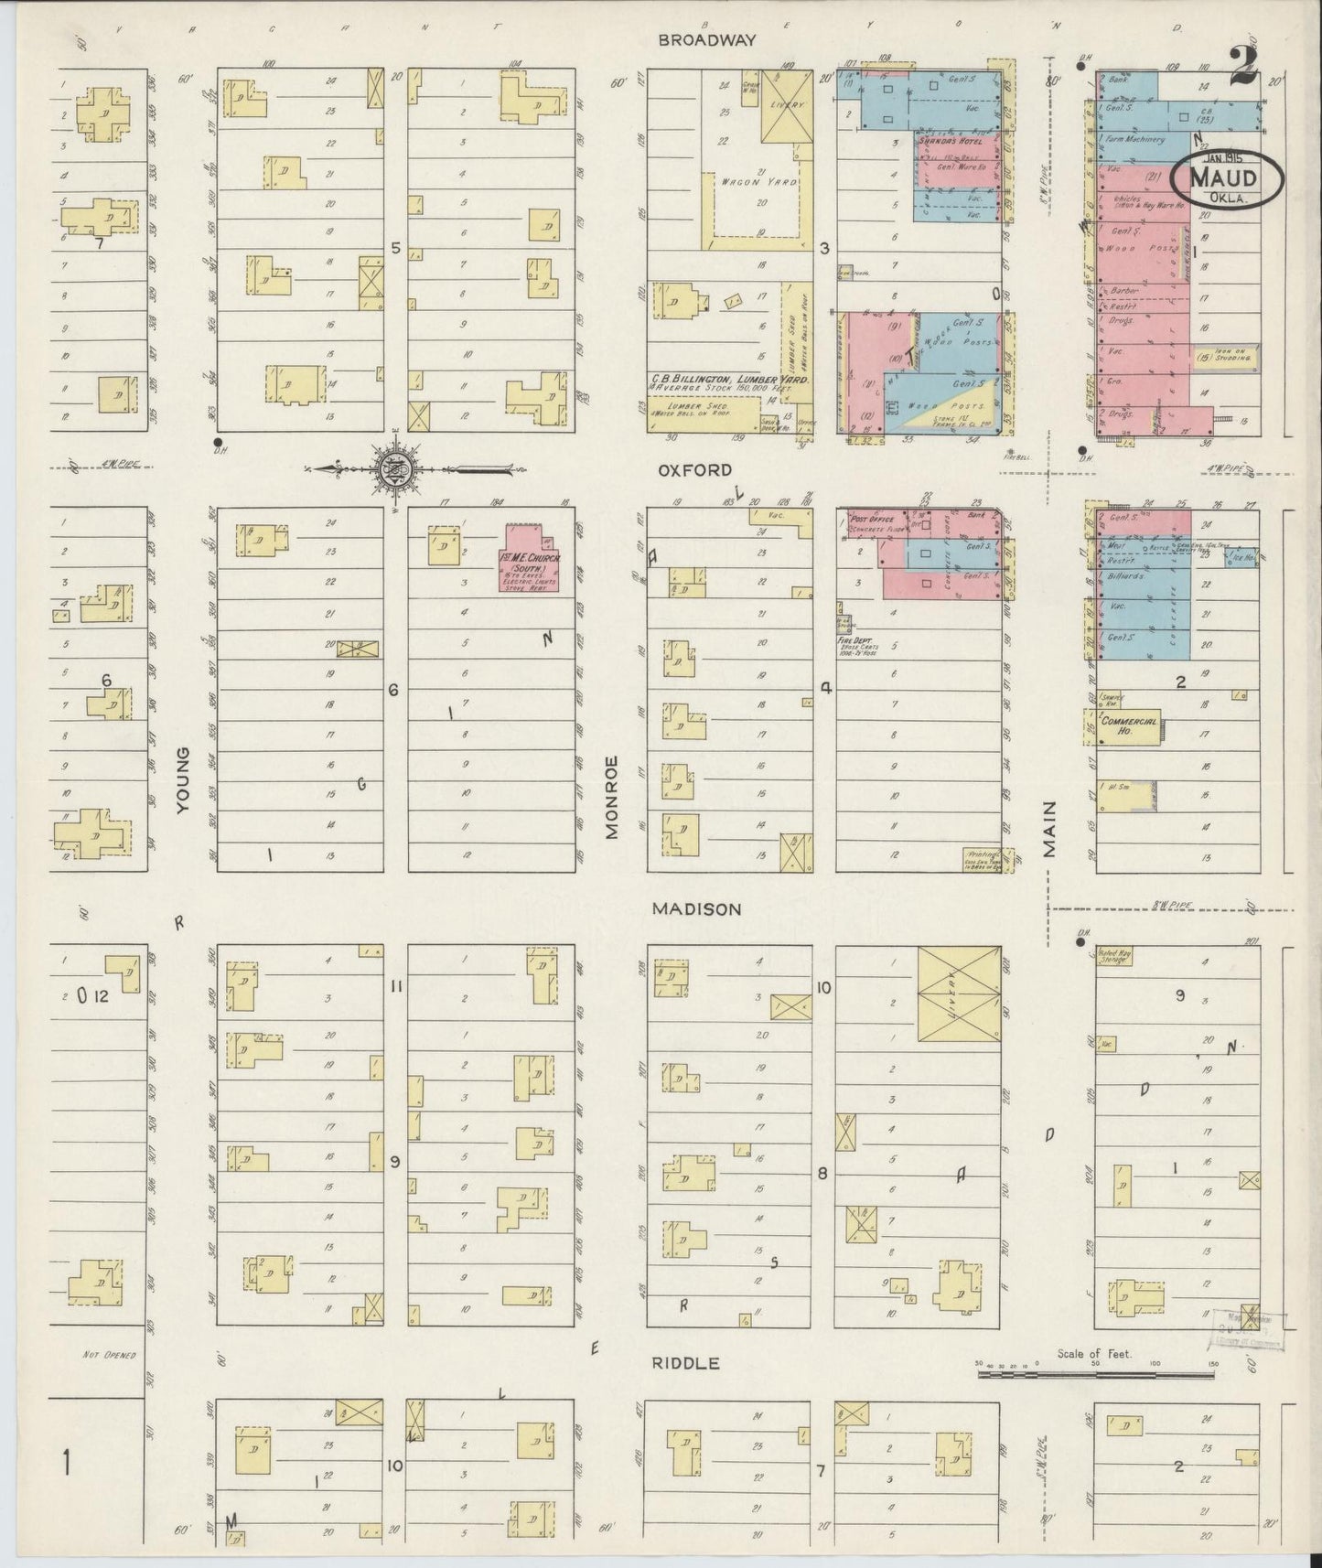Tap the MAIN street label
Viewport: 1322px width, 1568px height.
pos(1048,829)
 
